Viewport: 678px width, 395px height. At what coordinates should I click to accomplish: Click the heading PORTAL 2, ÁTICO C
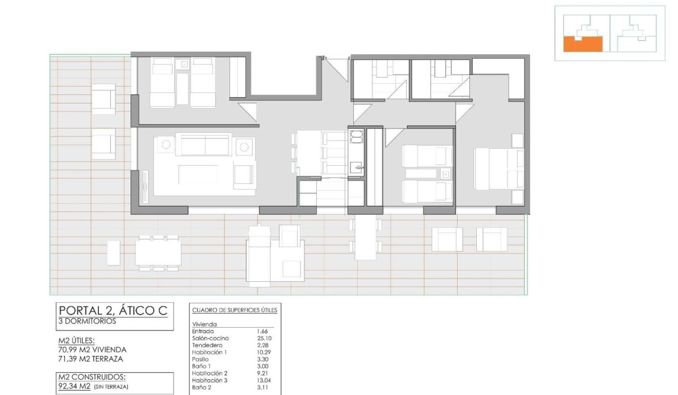pyautogui.click(x=112, y=310)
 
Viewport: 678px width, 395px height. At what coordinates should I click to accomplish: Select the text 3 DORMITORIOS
pyautogui.click(x=87, y=321)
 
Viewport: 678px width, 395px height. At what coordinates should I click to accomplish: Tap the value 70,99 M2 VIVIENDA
pyautogui.click(x=92, y=350)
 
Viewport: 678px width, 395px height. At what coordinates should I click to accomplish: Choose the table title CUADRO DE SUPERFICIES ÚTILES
pyautogui.click(x=234, y=310)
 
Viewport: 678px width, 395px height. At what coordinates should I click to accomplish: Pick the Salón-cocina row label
pyautogui.click(x=207, y=338)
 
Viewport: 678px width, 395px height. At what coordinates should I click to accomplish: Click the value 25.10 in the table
pyautogui.click(x=264, y=338)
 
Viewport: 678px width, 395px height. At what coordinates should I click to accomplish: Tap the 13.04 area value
pyautogui.click(x=264, y=380)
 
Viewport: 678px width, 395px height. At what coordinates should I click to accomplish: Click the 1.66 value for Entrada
pyautogui.click(x=262, y=331)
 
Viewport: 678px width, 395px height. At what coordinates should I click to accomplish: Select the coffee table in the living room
pyautogui.click(x=198, y=174)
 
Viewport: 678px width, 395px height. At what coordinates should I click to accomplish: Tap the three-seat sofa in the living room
pyautogui.click(x=204, y=145)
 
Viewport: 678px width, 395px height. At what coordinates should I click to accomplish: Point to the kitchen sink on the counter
pyautogui.click(x=357, y=167)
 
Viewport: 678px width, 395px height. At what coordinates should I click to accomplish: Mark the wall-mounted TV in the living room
pyautogui.click(x=146, y=187)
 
